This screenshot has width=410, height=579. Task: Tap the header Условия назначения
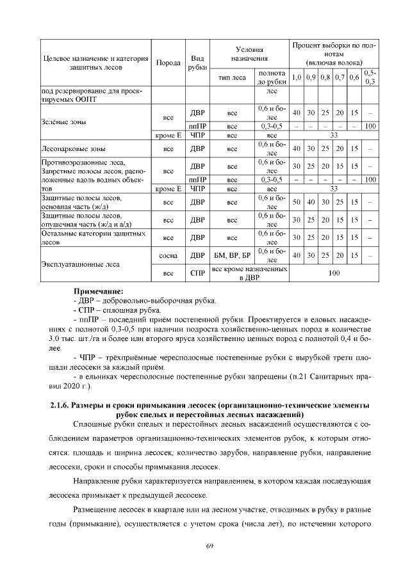[249, 54]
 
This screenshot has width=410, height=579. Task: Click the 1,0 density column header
[297, 78]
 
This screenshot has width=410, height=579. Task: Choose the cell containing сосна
[168, 255]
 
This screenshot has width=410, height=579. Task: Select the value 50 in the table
[297, 202]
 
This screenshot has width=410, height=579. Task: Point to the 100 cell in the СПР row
[333, 273]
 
